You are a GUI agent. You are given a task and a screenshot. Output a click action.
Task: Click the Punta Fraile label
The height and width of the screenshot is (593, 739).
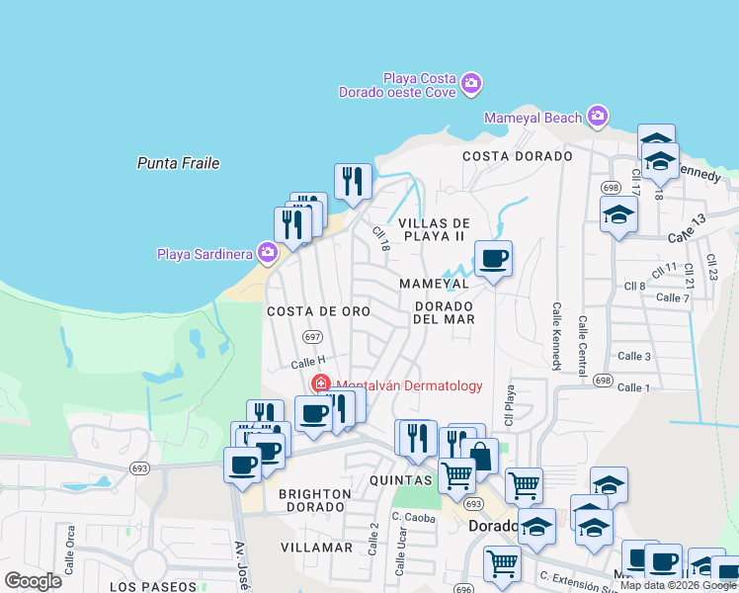click(178, 163)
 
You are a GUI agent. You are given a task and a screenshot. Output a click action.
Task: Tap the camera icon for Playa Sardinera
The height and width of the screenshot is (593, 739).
click(267, 254)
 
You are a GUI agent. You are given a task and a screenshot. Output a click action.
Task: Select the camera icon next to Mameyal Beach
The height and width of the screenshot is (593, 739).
click(597, 118)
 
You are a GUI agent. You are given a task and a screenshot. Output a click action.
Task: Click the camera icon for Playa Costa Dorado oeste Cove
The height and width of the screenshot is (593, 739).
click(471, 82)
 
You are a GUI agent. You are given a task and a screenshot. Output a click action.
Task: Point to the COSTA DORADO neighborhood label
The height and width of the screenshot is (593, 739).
click(517, 156)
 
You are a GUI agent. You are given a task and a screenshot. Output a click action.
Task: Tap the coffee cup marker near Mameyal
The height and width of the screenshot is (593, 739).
click(493, 259)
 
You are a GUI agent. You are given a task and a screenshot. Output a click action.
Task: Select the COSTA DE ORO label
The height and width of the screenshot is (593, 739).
click(318, 311)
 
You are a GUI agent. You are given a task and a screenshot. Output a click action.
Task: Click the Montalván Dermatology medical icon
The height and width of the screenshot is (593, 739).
click(321, 384)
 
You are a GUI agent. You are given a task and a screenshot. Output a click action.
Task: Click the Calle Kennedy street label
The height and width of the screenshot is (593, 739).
click(557, 336)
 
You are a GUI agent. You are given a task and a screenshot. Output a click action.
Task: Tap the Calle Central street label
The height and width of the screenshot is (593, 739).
click(583, 339)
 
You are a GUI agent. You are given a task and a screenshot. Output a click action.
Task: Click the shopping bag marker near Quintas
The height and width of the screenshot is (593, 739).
click(479, 457)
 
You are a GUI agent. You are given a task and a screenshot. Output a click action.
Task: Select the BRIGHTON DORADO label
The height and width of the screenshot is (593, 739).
click(314, 500)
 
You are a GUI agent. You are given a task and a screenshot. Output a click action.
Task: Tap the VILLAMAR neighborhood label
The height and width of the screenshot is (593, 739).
click(316, 547)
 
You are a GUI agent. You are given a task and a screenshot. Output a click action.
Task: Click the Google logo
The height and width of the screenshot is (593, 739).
click(34, 580)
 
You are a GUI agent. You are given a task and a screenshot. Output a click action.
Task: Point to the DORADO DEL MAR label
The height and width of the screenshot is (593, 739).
click(444, 312)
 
